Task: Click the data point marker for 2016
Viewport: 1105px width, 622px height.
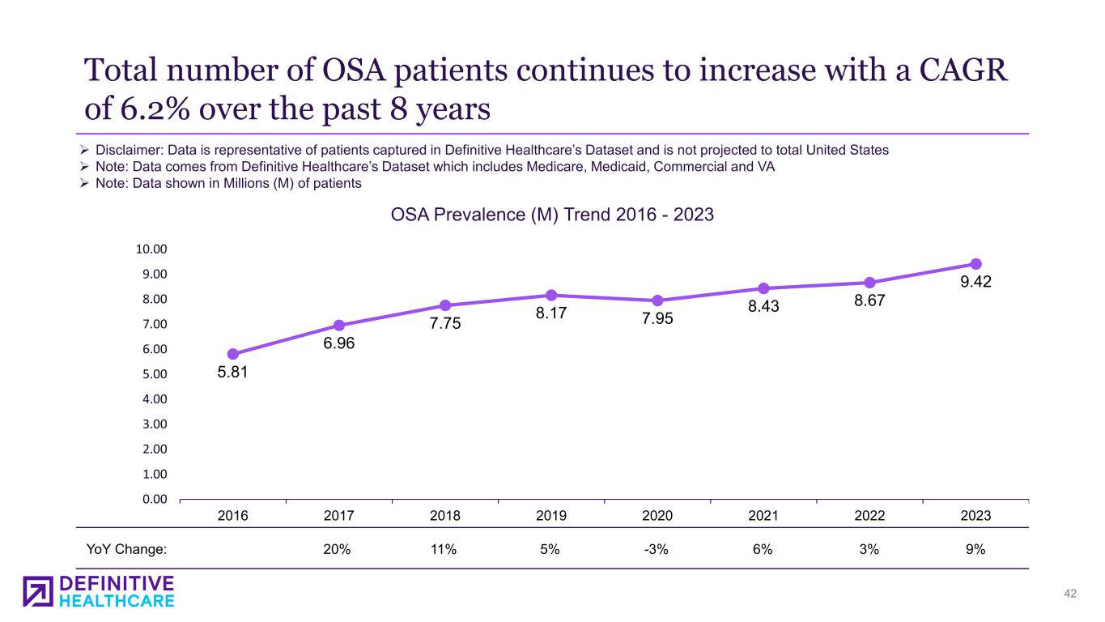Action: click(233, 354)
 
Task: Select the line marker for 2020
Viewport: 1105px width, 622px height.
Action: click(657, 300)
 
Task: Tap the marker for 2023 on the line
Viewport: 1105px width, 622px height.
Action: click(975, 264)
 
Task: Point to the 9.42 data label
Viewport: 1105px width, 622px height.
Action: click(976, 283)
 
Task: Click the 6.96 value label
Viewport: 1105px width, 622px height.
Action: click(339, 343)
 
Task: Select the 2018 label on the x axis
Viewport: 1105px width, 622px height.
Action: click(444, 515)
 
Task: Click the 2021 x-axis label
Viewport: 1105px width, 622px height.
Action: click(763, 515)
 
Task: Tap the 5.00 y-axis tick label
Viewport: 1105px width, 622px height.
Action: click(155, 374)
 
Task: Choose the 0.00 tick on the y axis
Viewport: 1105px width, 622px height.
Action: click(155, 499)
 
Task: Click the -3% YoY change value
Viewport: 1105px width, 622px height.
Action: click(656, 549)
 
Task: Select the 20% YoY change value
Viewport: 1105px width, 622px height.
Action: click(337, 549)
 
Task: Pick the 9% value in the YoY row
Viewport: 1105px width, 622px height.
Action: click(975, 549)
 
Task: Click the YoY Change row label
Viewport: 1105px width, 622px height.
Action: click(126, 549)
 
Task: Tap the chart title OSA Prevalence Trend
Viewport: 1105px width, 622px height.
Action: click(552, 216)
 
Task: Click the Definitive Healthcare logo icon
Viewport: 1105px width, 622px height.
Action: click(38, 591)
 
